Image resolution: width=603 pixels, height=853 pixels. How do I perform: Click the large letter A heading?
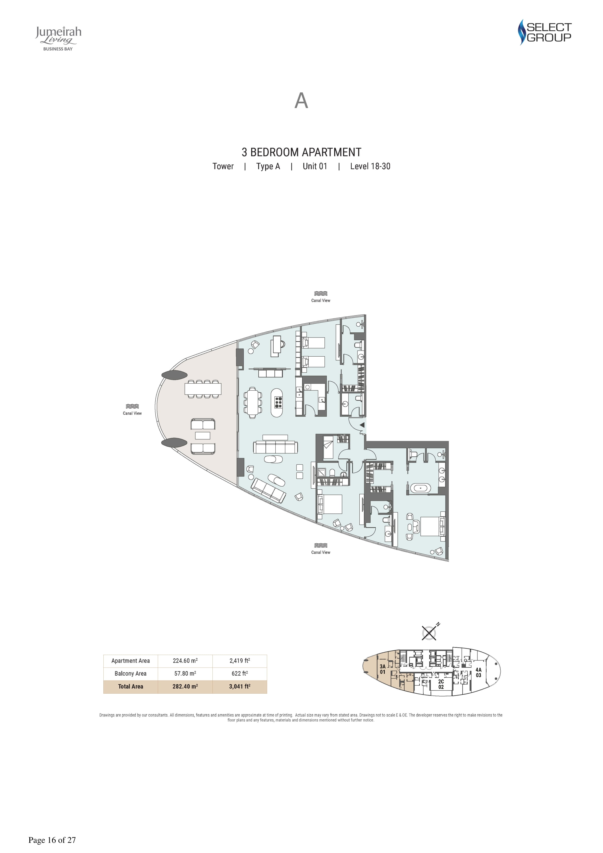pyautogui.click(x=301, y=101)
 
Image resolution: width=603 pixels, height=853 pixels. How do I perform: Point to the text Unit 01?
pyautogui.click(x=315, y=166)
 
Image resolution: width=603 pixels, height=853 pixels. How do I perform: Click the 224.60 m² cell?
pyautogui.click(x=185, y=661)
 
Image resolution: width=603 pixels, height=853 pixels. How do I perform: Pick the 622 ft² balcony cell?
pyautogui.click(x=240, y=673)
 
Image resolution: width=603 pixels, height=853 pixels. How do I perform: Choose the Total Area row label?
pyautogui.click(x=130, y=686)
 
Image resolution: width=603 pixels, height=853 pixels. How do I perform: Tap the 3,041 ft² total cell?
pyautogui.click(x=240, y=686)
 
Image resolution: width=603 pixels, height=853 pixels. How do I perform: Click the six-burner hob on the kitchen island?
pyautogui.click(x=278, y=402)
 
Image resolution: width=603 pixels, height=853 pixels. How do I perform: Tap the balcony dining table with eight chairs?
pyautogui.click(x=203, y=389)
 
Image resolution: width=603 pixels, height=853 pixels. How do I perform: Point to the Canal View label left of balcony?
pyautogui.click(x=132, y=413)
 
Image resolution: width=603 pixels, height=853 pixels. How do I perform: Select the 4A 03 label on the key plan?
pyautogui.click(x=478, y=672)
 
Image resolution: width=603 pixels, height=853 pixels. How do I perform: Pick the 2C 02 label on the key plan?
pyautogui.click(x=441, y=684)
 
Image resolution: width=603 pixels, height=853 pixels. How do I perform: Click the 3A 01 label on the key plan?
pyautogui.click(x=383, y=669)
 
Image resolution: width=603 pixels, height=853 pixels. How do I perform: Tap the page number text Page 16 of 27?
pyautogui.click(x=52, y=840)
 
